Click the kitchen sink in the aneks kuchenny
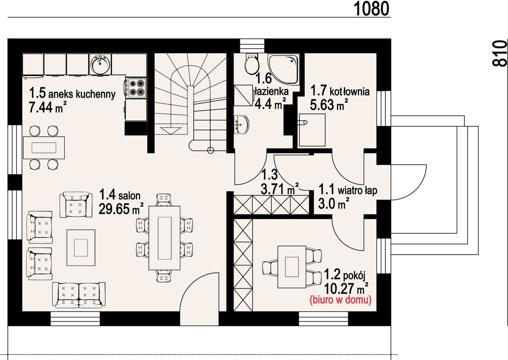point(100,64)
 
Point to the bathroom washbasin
point(241,124)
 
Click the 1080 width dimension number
point(371,9)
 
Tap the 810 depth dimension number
point(499,53)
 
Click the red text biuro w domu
point(340,300)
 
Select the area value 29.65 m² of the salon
point(121,209)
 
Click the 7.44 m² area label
point(48,107)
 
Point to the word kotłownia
point(349,92)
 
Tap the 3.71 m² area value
point(280,189)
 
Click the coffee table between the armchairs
point(81,247)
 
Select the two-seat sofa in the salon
point(79,295)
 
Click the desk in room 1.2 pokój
point(292,267)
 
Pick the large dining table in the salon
point(165,238)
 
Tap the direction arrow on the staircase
point(171,130)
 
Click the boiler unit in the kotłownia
point(312,130)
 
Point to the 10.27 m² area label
point(346,288)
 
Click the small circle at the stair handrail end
point(211,150)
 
